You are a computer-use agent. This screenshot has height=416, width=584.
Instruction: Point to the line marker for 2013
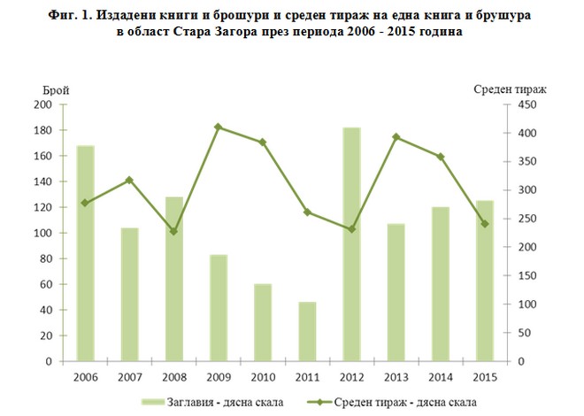[396, 137]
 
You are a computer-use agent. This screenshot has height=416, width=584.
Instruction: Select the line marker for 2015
[484, 224]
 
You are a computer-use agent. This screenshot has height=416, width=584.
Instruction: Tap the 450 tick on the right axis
[528, 104]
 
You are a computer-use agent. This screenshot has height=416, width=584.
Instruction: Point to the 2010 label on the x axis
[263, 378]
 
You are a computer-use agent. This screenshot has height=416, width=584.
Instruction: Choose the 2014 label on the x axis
[440, 378]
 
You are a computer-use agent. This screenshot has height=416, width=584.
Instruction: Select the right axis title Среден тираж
[510, 90]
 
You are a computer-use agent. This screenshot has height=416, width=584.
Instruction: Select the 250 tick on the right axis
[528, 219]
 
